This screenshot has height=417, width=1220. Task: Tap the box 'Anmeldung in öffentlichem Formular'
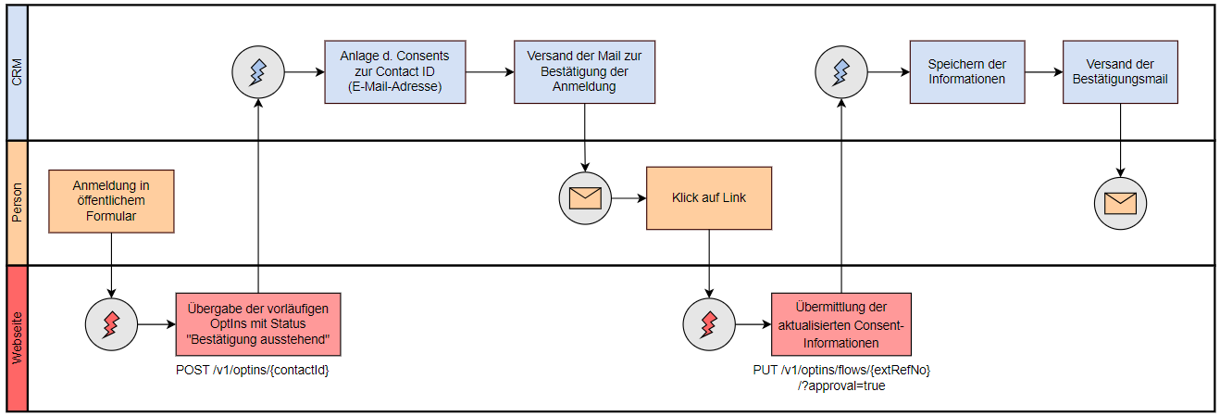111,201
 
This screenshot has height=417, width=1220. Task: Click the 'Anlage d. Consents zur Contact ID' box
394,71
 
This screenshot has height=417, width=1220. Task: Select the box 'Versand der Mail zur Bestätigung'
584,71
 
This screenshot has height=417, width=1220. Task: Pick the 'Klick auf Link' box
709,198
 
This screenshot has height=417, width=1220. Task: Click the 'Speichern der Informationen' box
967,71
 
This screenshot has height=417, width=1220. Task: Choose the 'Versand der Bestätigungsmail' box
1120,71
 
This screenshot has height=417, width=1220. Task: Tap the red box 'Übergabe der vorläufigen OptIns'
258,323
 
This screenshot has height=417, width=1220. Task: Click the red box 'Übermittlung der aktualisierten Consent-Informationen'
840,323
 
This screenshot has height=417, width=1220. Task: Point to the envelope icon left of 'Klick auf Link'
585,198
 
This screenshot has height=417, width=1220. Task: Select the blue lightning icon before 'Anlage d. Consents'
259,71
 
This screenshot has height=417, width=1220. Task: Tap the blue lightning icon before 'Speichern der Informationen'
841,71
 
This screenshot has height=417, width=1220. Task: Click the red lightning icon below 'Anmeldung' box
111,324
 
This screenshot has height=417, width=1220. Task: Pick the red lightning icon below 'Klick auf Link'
709,324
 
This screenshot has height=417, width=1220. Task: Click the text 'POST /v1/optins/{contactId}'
254,371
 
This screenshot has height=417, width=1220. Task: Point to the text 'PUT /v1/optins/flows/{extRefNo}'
841,371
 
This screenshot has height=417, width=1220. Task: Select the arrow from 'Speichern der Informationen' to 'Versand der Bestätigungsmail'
1044,71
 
